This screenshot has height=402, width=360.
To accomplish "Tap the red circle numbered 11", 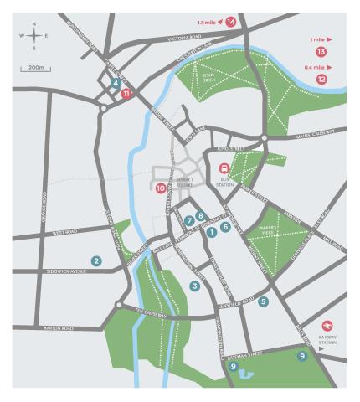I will (x=126, y=94).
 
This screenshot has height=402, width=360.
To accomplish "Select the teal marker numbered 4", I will (x=114, y=82).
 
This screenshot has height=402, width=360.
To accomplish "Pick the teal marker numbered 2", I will (x=97, y=261).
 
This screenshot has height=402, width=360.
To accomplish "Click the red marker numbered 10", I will (x=160, y=188).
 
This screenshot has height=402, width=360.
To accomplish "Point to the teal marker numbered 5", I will (x=264, y=301).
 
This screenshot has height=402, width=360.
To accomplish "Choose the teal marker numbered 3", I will (x=194, y=286).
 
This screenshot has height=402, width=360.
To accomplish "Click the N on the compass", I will (x=33, y=24).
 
